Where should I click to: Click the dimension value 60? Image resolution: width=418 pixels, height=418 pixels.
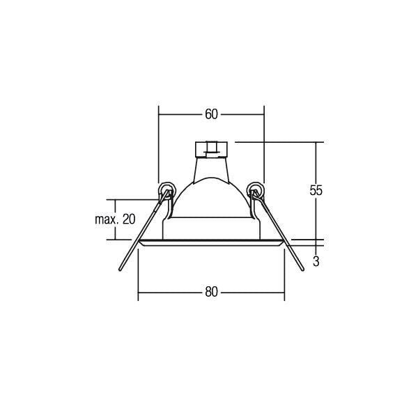click(211, 114)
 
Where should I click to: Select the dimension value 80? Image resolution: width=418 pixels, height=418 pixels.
click(211, 292)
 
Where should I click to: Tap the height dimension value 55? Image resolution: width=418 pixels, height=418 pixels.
click(316, 190)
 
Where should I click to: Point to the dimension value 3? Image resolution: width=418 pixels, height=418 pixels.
click(316, 262)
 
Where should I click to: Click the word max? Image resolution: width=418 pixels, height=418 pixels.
click(107, 219)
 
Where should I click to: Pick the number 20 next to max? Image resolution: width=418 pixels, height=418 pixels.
click(129, 219)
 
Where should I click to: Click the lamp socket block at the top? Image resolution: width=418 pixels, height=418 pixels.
click(211, 150)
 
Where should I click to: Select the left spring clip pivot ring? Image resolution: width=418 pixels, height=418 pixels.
click(167, 189)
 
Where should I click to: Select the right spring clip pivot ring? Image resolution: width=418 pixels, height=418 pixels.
click(256, 189)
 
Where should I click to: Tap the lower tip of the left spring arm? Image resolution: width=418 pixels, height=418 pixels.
click(120, 270)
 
